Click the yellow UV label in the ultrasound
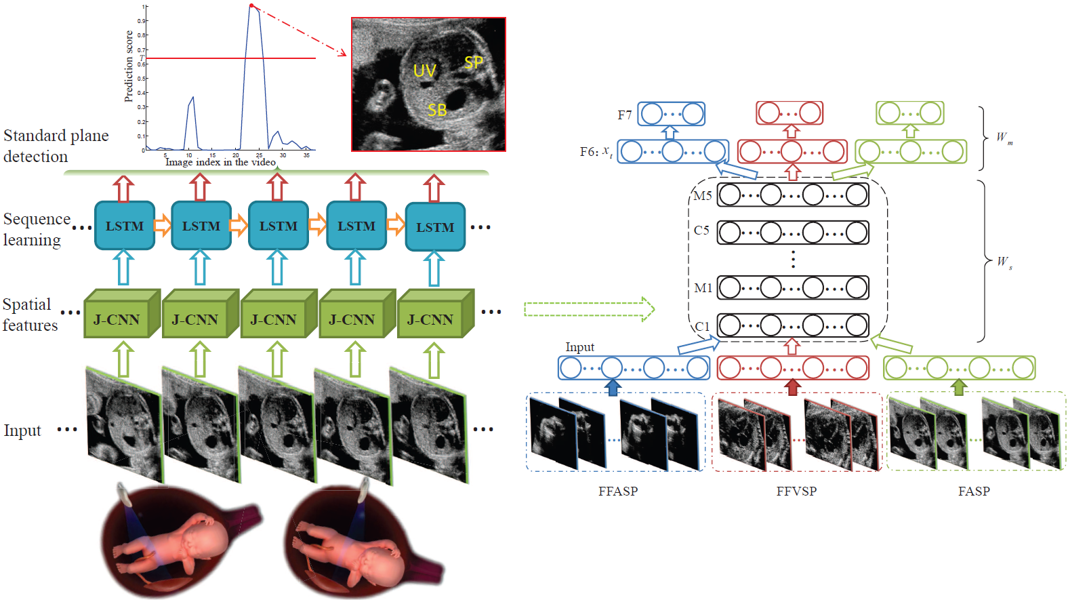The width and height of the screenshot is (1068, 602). point(425,71)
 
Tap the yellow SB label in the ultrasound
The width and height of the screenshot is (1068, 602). point(437,110)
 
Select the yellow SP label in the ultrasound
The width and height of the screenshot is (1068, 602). point(474,62)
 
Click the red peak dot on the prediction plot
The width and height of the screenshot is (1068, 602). point(251,6)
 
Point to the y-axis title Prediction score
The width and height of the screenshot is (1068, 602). point(129,66)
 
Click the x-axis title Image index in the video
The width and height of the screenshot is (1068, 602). point(220,162)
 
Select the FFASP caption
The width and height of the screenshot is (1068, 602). point(617,491)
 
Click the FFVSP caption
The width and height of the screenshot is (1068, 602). point(796,491)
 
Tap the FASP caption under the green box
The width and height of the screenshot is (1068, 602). point(974,491)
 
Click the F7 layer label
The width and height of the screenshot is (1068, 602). point(624,115)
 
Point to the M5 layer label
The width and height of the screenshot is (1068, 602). point(703,196)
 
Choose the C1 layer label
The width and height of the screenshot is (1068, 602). point(703,327)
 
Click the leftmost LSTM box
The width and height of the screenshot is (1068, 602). point(125,226)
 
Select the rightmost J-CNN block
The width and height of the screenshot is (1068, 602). point(431,319)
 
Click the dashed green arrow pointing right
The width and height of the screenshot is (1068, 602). point(589,309)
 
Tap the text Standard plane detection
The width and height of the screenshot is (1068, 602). point(56,146)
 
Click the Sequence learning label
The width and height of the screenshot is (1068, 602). point(36,229)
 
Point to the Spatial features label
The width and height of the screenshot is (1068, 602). point(30,315)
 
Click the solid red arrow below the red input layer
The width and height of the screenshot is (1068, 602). point(792,387)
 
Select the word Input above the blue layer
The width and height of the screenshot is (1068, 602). point(579,347)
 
